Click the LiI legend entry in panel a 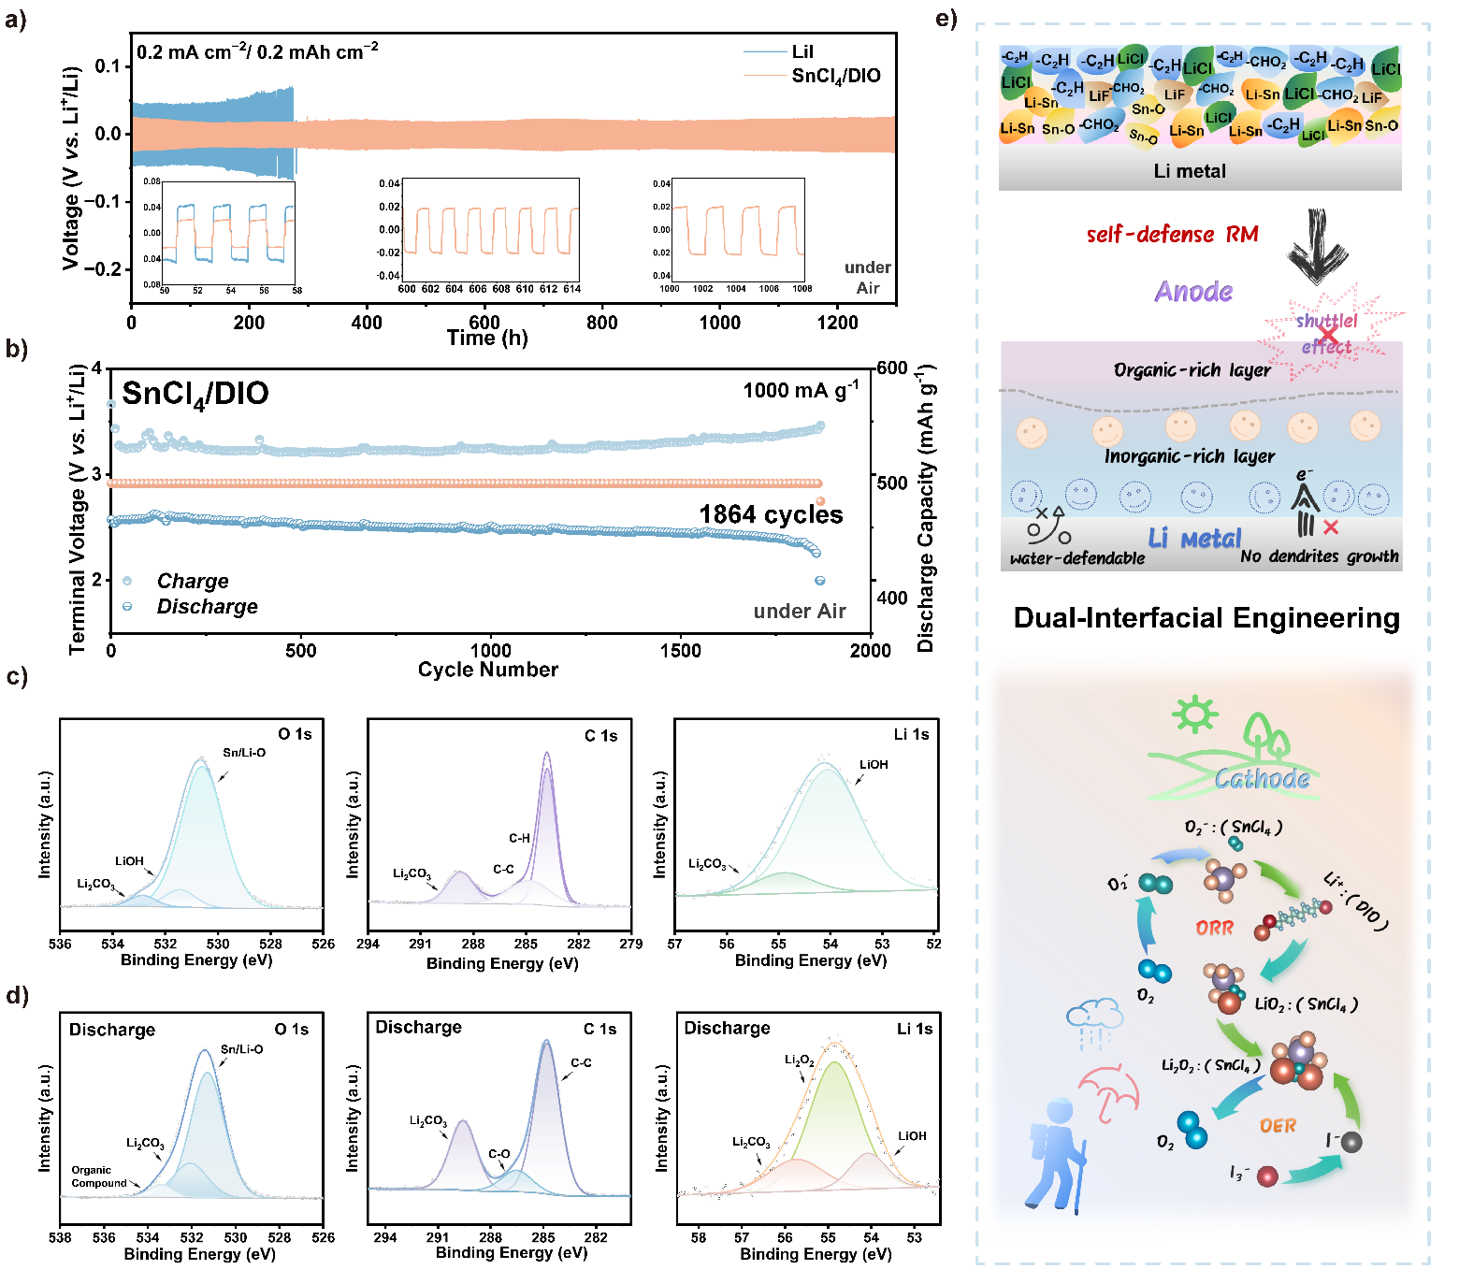click(x=802, y=51)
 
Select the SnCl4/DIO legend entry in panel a click(x=835, y=76)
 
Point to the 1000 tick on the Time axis click(x=719, y=323)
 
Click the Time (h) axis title click(x=487, y=338)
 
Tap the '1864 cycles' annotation click(x=771, y=514)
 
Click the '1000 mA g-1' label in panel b click(x=801, y=390)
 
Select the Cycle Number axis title click(x=487, y=670)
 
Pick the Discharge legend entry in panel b click(x=207, y=607)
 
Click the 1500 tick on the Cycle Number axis click(x=680, y=651)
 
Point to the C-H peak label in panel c click(x=519, y=838)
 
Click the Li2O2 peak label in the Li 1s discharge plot click(x=799, y=1060)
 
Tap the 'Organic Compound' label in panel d click(x=98, y=1176)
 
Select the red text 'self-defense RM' click(x=1172, y=235)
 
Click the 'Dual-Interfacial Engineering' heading click(x=1206, y=618)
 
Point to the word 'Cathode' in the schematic click(x=1262, y=778)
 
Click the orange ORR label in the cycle click(x=1214, y=928)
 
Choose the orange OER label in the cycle click(x=1278, y=1126)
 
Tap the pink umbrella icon click(x=1110, y=1092)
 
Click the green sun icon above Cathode click(x=1194, y=714)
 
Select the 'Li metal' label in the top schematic click(x=1189, y=171)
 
